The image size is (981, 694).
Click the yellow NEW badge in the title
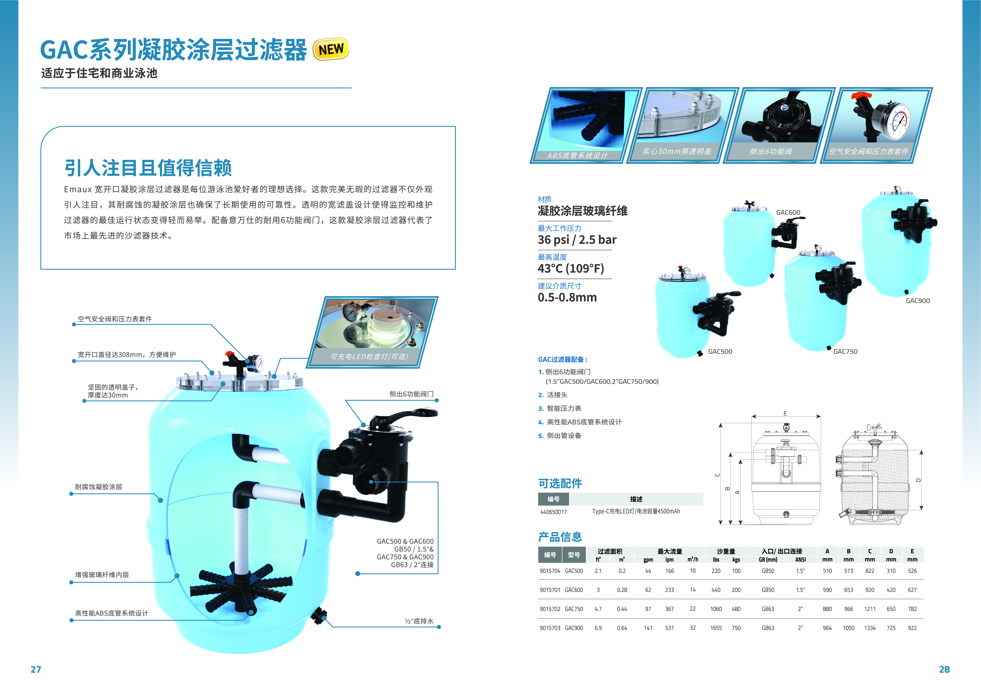(331, 49)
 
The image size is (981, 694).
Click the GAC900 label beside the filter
(918, 301)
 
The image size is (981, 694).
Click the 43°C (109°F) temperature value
(571, 269)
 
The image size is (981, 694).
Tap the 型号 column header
(574, 555)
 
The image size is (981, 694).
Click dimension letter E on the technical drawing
(785, 413)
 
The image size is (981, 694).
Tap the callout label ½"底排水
(419, 621)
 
